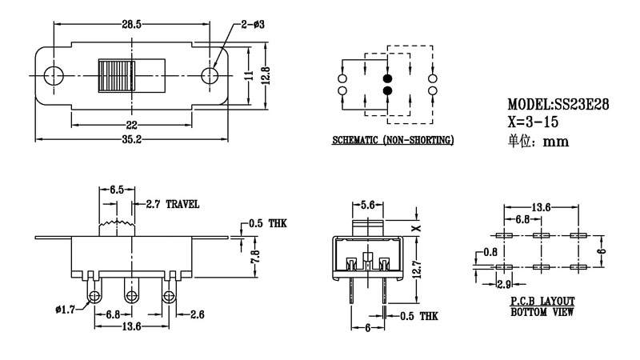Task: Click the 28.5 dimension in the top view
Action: coord(131,26)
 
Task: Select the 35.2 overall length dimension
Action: coord(133,139)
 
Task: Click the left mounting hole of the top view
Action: coord(54,75)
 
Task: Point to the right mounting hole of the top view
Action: coord(210,75)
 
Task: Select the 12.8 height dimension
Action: coord(267,75)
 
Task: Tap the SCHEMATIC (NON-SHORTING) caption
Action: coord(394,141)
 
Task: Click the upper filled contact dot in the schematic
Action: coord(388,79)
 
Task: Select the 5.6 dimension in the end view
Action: coord(370,206)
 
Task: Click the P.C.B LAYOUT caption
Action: coord(542,301)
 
